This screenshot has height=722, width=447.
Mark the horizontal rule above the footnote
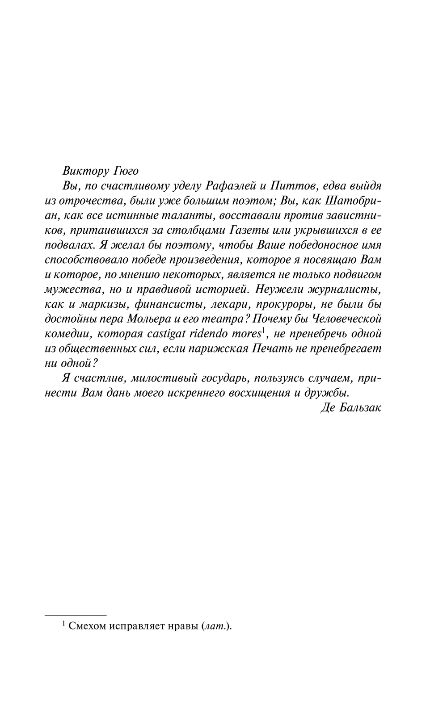(76, 615)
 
